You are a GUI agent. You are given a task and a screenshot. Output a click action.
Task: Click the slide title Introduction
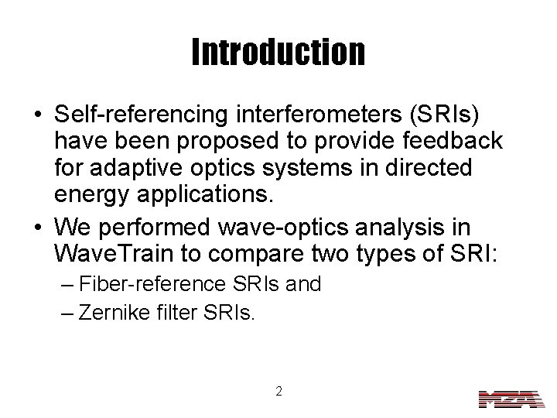278,52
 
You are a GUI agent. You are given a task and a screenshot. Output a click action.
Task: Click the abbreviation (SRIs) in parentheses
442,115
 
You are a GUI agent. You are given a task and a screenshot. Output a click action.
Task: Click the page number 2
278,391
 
